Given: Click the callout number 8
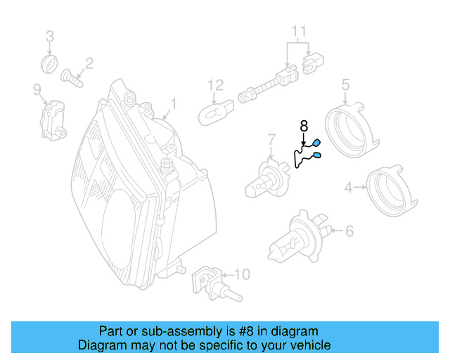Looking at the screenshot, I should pos(304,126).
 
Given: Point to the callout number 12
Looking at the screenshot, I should pos(215,86).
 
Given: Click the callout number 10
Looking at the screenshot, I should pos(240,274).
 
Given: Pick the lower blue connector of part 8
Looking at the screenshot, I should pos(317,155).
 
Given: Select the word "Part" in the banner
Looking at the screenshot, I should pos(111,331).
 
